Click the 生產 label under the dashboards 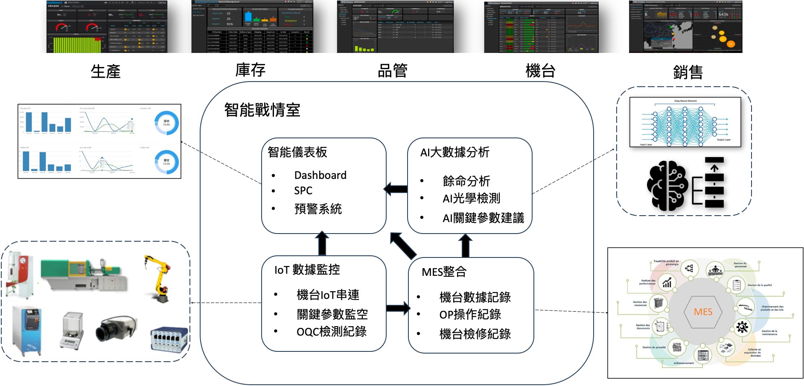pos(105,71)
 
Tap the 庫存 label pos(251,70)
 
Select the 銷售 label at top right pos(687,72)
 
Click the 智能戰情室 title pos(262,110)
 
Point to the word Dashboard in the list pos(320,175)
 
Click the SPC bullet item pos(303,190)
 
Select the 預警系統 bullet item pos(318,209)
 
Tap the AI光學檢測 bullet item pos(471,198)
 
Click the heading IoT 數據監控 pos(307,269)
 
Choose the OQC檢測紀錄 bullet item pos(332,332)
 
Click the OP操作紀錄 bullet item pos(470,315)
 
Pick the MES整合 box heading pos(444,272)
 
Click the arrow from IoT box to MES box pos(398,308)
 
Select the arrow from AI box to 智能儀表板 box pos(396,189)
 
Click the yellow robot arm pos(158,278)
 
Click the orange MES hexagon pos(703,312)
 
